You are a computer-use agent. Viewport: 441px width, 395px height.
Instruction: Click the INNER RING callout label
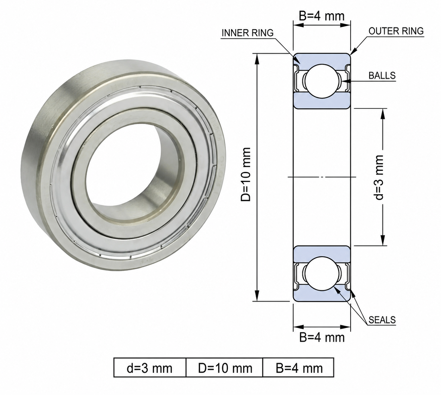[x=248, y=33]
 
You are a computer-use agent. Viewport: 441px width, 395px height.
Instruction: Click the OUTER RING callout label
[x=396, y=31]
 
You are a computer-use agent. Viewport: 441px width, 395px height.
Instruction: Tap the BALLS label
[x=382, y=75]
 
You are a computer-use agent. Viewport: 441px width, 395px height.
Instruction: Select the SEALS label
[x=382, y=320]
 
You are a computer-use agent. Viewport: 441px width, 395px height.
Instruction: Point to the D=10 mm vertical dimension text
[x=246, y=174]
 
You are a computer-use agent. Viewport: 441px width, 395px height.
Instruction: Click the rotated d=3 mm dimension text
[x=379, y=177]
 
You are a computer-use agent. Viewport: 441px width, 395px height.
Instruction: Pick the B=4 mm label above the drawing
[x=322, y=16]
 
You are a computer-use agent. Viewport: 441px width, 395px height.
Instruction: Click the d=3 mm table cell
[x=150, y=368]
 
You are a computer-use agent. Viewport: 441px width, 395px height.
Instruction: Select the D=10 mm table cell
[x=225, y=368]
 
